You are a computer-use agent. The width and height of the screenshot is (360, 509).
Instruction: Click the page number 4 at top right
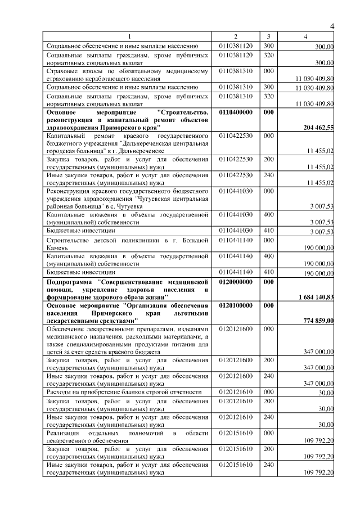[x=332, y=27]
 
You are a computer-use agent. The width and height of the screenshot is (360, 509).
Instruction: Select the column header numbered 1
[x=128, y=37]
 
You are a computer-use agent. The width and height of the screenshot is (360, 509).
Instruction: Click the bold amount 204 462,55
[x=317, y=128]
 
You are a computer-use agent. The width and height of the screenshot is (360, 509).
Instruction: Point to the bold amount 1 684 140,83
[x=312, y=297]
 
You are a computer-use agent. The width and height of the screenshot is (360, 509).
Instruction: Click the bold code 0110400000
[x=236, y=112]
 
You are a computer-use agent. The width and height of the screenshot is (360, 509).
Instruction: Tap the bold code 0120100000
[x=236, y=305]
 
